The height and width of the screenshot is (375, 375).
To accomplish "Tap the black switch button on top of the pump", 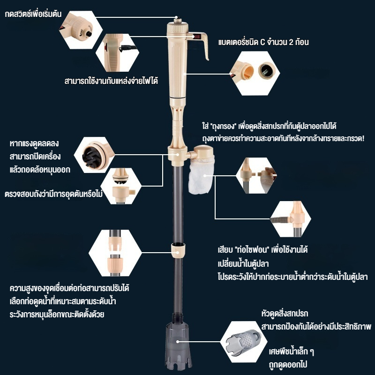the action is tap(177, 18).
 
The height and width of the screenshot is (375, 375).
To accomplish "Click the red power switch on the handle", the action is tap(197, 37).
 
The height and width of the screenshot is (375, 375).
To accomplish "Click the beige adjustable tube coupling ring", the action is tap(178, 250).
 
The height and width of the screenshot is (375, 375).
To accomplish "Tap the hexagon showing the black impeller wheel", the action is tap(94, 155).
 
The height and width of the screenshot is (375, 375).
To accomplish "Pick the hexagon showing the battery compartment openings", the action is tap(255, 74).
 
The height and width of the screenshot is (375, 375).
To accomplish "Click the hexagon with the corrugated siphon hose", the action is tap(290, 219).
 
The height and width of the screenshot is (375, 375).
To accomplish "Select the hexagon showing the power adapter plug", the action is tap(117, 52).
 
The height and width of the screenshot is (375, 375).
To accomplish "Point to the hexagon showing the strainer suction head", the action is tap(244, 342).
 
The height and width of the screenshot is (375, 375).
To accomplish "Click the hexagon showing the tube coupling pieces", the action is tap(115, 253).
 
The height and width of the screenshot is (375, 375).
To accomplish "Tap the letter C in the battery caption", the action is tap(262, 42).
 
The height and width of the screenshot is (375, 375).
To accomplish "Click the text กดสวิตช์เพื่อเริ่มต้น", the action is tap(33, 14).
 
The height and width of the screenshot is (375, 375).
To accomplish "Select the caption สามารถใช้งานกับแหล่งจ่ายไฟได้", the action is tap(111, 81).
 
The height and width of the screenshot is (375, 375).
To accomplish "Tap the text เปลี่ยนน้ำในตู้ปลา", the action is tap(243, 263).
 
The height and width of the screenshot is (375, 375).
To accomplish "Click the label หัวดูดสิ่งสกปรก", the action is tap(285, 313).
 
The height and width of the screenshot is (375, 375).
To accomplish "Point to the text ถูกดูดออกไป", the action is tap(288, 365).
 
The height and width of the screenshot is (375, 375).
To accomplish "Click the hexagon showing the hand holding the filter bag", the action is tap(256, 175).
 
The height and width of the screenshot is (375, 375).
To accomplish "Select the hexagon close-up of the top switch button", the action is tap(81, 30).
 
